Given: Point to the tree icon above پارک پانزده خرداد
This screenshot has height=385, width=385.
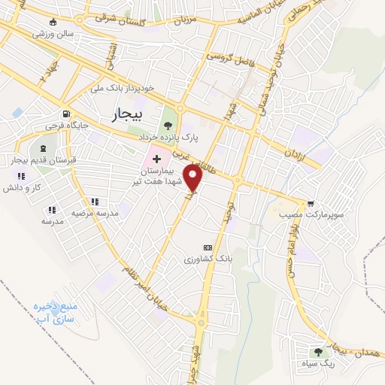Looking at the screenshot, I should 167,126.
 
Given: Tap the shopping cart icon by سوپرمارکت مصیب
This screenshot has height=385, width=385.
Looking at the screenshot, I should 311,203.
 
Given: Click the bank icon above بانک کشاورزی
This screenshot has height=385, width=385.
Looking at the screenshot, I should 208,247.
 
